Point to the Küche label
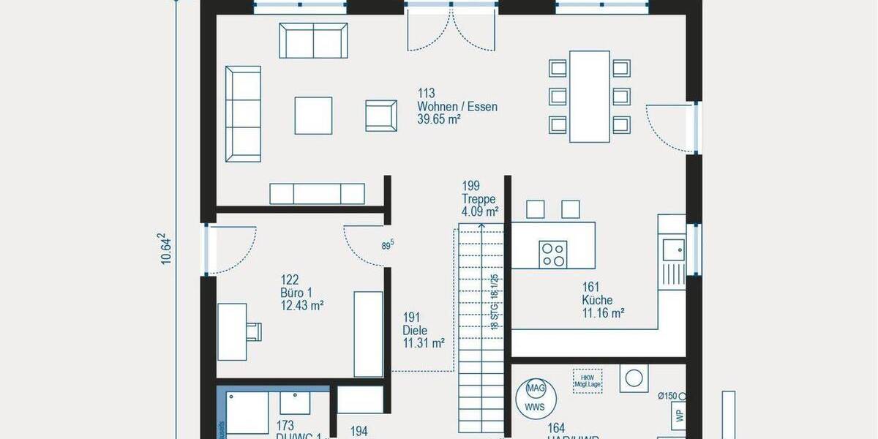tap(597, 300)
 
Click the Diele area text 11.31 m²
tap(424, 342)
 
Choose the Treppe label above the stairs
tap(479, 199)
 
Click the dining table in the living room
tap(590, 96)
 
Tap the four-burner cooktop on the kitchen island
tap(552, 253)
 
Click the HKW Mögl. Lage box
tap(588, 381)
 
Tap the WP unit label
tap(679, 416)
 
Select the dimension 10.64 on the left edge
tap(166, 249)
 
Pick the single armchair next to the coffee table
tap(380, 115)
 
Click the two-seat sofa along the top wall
tap(313, 40)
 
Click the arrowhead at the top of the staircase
tap(481, 226)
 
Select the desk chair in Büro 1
tap(254, 331)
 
